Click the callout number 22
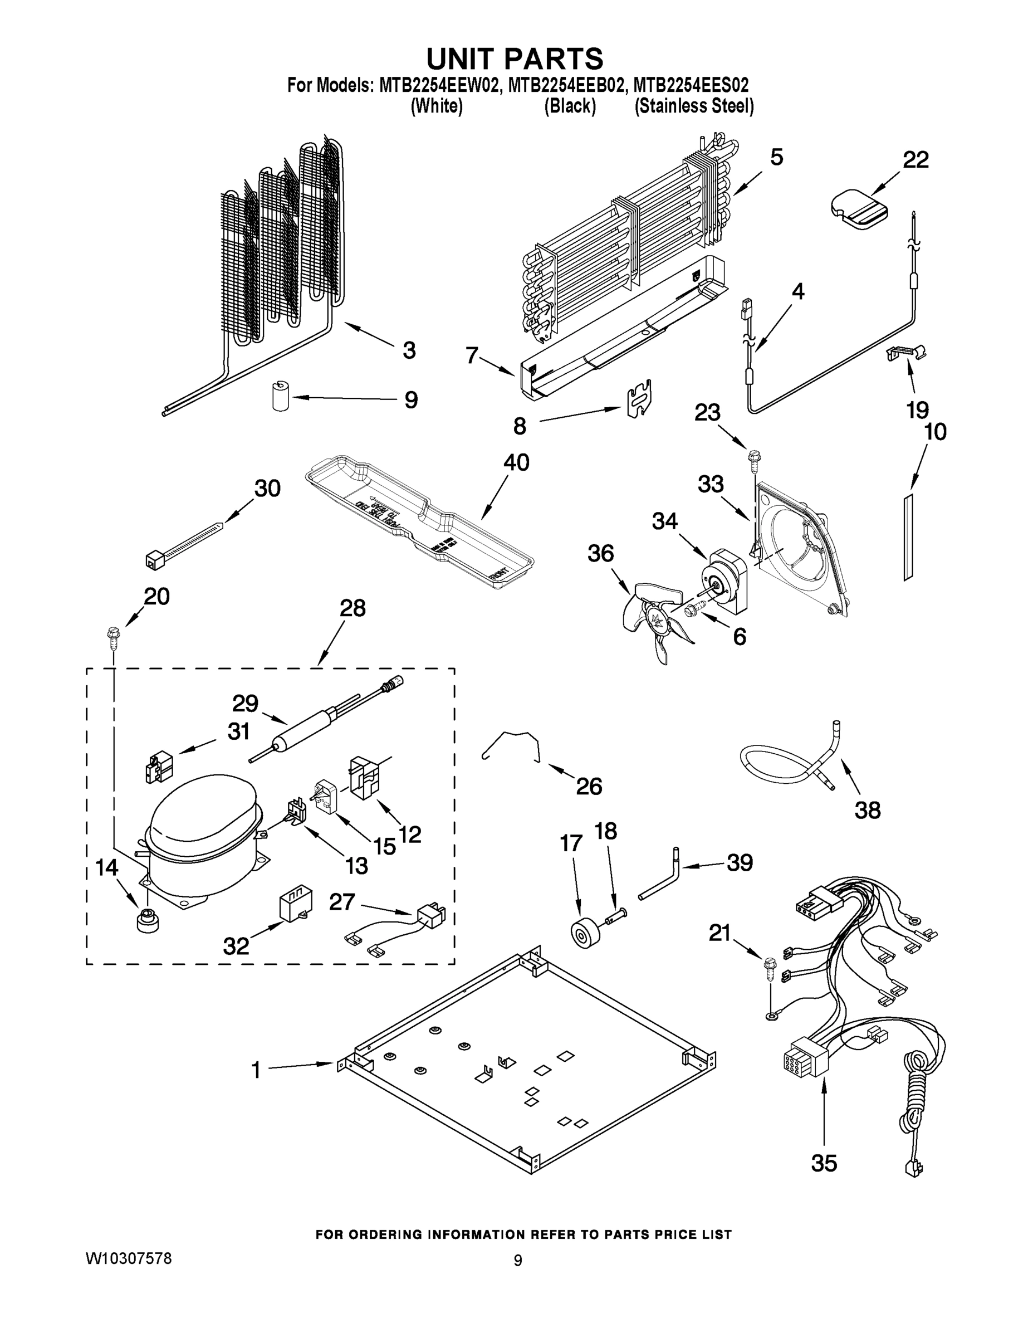[x=915, y=160]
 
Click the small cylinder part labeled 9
[x=280, y=397]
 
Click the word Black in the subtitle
[x=570, y=106]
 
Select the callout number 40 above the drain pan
[x=516, y=463]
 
